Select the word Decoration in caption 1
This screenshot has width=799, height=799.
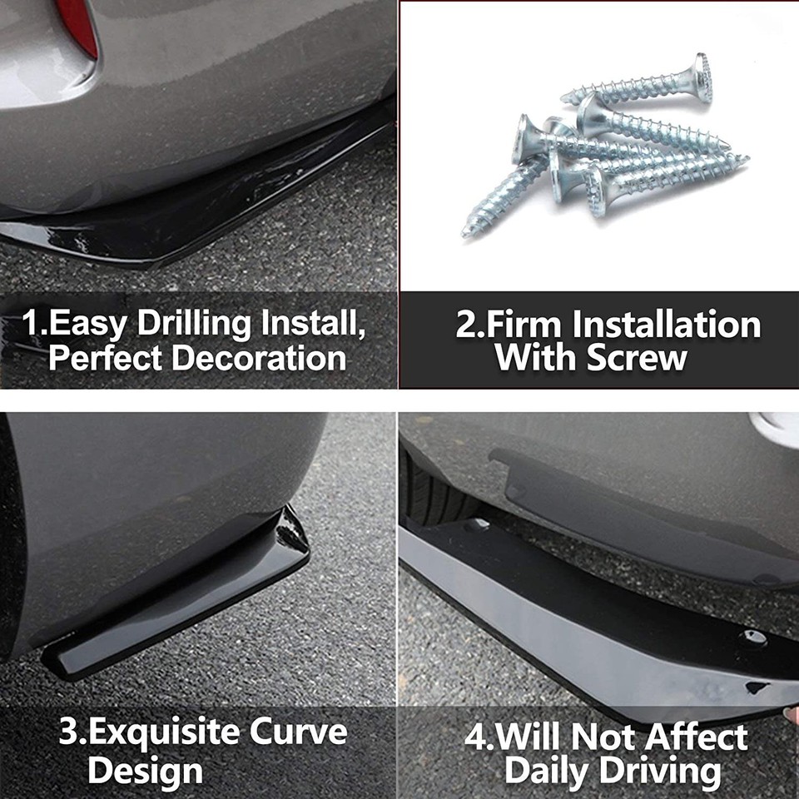pos(259,358)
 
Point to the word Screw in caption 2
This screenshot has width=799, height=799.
pos(637,358)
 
